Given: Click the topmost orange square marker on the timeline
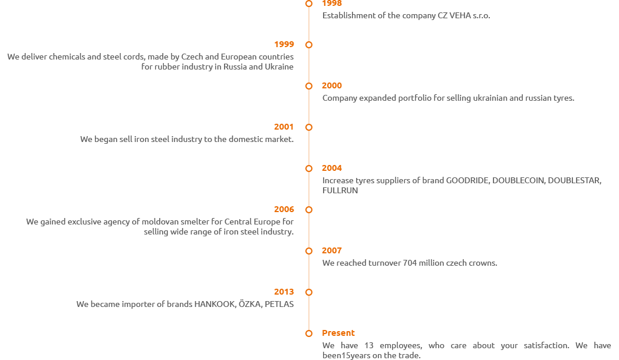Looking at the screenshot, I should coord(308,4).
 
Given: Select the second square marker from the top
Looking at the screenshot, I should coord(308,44).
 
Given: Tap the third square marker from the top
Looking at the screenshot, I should coord(308,85).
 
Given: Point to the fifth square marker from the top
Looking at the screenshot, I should coord(308,168).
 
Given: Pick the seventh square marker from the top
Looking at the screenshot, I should coord(308,250).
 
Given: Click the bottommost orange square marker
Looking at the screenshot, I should coord(308,333).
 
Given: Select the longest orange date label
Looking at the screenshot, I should coord(338,333).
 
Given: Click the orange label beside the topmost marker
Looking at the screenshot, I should coord(332,3).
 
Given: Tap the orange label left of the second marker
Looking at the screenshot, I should coord(284,44).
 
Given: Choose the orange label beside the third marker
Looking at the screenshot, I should coord(332,85).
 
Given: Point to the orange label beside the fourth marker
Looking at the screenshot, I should coord(284,127).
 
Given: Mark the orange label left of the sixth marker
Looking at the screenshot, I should coord(284,209).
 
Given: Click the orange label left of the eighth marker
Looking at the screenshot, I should coord(284,292).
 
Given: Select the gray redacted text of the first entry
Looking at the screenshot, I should coord(406,16).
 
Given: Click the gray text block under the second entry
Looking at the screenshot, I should coord(150,61).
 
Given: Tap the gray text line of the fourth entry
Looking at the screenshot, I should coord(187,140).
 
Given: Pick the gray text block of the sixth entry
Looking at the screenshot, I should coord(160,227).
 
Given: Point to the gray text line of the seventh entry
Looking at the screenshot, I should coord(410,262).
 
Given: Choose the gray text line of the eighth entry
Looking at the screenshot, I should coord(185,304).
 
